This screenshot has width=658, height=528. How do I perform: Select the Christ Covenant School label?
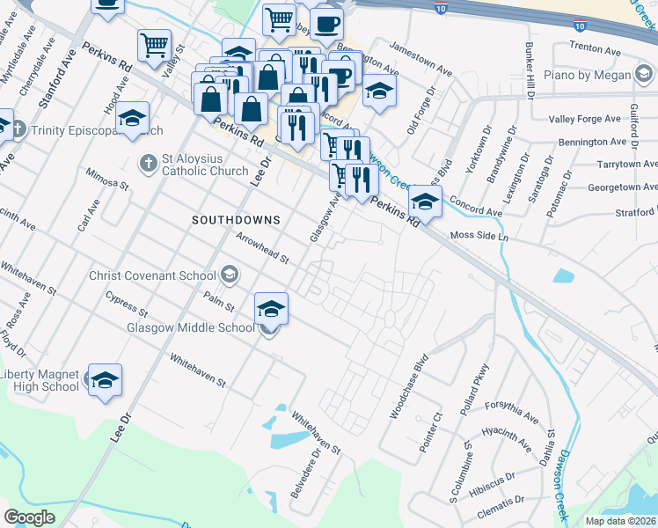tap(153, 275)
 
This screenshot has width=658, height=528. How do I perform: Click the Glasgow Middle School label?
tap(191, 328)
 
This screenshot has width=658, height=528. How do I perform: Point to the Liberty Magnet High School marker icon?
tap(105, 380)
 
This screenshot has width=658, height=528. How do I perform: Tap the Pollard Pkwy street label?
tap(474, 385)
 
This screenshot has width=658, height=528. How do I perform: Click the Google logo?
tap(29, 517)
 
